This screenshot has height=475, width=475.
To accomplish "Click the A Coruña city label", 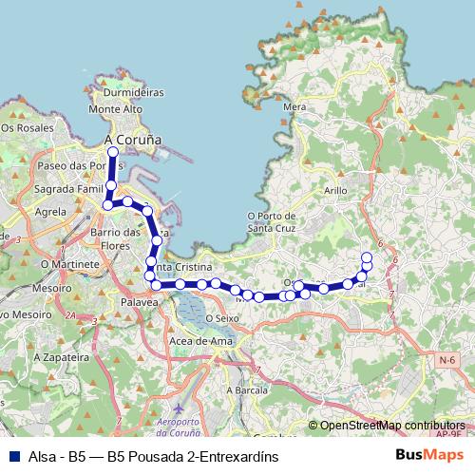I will point(131,140).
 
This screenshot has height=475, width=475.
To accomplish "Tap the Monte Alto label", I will point(115,109).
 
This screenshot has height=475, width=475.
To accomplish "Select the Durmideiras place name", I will point(133,93).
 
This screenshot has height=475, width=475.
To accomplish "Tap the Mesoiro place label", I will point(51,286).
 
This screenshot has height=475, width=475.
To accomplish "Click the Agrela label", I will point(50,213).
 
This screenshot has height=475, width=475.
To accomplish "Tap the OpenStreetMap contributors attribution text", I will point(392,426).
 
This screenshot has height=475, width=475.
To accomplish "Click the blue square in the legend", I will point(13,456).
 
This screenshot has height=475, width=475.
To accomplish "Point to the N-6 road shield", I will point(447,358).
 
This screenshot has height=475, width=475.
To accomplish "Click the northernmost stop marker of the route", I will point(113,151).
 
